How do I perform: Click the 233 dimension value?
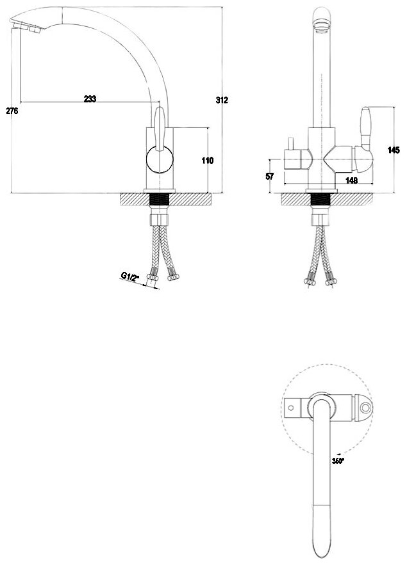[90, 99]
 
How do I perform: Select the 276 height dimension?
[12, 111]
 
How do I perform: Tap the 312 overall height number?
[222, 100]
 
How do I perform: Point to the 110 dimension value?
[207, 161]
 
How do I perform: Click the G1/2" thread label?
[131, 276]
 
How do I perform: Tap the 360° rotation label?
[338, 459]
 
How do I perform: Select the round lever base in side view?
[160, 160]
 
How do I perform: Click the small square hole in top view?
[292, 407]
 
